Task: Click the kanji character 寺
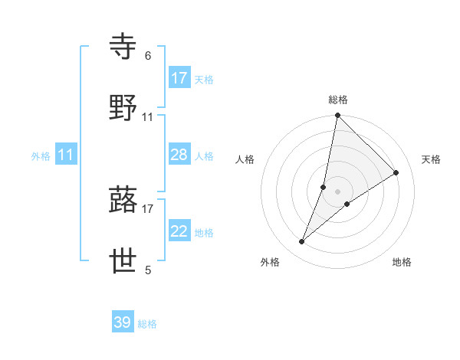(x=124, y=47)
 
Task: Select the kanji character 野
(x=124, y=108)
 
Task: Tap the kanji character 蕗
(x=124, y=200)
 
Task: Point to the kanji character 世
(x=124, y=261)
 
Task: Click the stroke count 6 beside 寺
(x=148, y=56)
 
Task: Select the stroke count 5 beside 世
(x=148, y=270)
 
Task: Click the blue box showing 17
(x=179, y=78)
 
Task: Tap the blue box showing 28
(x=179, y=155)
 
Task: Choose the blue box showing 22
(x=179, y=231)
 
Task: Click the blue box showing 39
(x=123, y=322)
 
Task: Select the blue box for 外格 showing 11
(x=66, y=155)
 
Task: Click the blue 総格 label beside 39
(x=147, y=324)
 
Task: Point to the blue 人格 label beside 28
(x=204, y=156)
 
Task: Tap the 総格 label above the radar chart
(x=338, y=100)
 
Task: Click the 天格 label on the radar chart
(x=432, y=159)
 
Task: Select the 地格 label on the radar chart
(x=402, y=262)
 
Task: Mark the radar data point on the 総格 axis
(x=338, y=116)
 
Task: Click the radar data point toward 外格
(x=302, y=242)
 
